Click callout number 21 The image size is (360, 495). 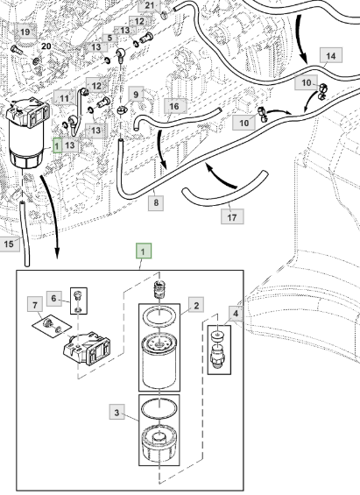149,5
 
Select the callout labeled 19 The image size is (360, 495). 25,32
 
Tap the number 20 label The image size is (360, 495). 46,46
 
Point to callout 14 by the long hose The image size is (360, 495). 331,56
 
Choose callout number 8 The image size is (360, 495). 156,202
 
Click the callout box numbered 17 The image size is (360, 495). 232,217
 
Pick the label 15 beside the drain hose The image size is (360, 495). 9,244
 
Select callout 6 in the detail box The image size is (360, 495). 54,299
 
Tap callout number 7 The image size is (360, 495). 35,305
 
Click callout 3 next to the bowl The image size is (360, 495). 117,413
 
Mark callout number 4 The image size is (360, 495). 236,314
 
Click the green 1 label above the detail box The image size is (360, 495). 144,251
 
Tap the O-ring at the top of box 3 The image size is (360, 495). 159,408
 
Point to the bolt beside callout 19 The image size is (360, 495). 15,50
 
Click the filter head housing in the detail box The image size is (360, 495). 87,348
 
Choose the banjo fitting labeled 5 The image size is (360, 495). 121,53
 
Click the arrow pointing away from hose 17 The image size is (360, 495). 222,175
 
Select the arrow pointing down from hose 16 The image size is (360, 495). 161,149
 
